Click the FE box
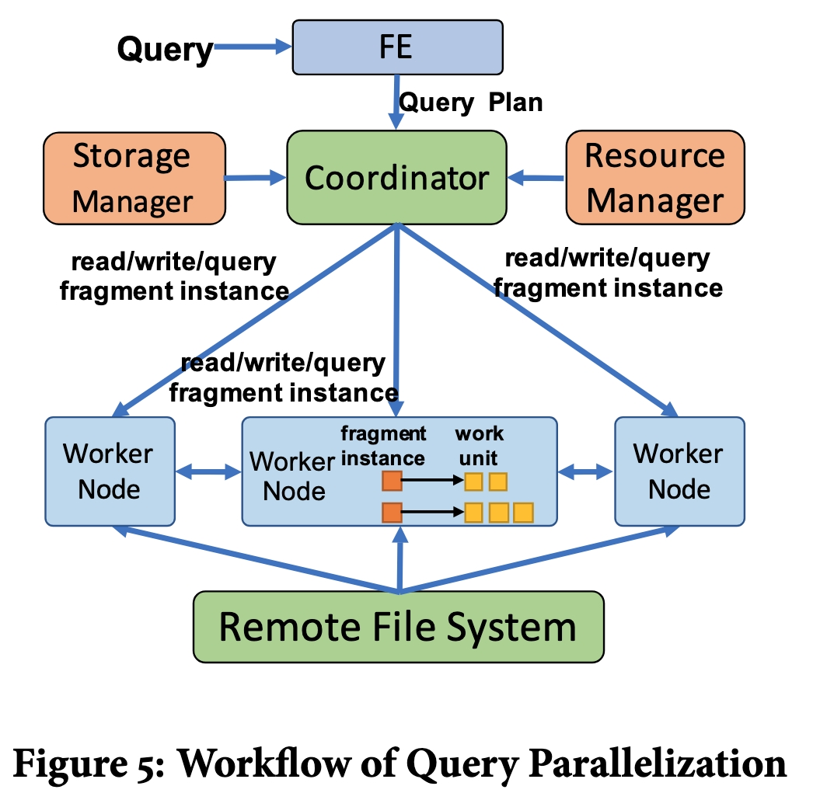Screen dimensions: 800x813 click(397, 47)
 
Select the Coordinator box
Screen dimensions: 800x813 click(396, 179)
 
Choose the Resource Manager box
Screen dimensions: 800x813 click(654, 178)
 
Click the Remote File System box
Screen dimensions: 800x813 click(398, 626)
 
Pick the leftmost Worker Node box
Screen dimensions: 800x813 click(110, 471)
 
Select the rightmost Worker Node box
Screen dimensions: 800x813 click(679, 471)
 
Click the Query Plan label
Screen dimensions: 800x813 click(470, 103)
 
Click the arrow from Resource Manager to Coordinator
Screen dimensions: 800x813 click(536, 179)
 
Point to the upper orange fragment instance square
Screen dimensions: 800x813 click(391, 482)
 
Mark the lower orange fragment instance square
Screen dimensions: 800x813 click(391, 513)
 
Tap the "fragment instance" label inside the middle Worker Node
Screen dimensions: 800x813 click(383, 445)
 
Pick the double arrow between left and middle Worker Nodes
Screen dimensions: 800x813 click(208, 471)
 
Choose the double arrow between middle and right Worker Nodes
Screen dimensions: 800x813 click(586, 471)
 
